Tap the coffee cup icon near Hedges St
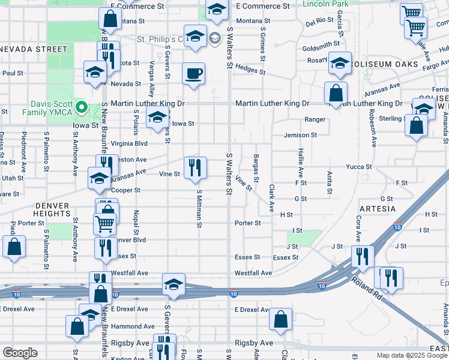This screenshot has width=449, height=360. click(x=193, y=74)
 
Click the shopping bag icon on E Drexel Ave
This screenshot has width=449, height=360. click(x=280, y=319)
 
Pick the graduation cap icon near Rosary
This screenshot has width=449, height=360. click(x=340, y=63)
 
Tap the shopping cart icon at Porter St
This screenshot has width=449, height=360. click(x=104, y=223)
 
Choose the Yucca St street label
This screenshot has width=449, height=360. click(x=358, y=167)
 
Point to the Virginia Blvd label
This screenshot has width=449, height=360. click(x=129, y=144)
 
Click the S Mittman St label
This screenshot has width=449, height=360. click(x=199, y=209)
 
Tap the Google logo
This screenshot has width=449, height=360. click(x=20, y=353)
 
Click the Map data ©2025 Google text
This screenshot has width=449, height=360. click(x=411, y=355)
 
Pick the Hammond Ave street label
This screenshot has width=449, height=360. click(x=128, y=326)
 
